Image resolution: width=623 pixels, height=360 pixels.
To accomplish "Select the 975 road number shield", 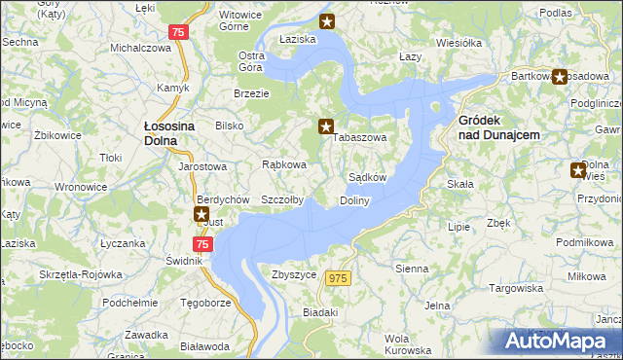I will [338, 278].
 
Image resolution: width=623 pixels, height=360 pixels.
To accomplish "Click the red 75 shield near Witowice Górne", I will [176, 32].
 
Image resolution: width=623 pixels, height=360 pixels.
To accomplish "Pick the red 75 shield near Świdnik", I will [202, 244].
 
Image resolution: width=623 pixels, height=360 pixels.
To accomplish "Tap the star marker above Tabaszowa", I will [327, 126].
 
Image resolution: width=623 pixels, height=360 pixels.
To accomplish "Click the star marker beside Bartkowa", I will [560, 76].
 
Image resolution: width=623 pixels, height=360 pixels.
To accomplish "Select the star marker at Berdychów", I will [202, 214].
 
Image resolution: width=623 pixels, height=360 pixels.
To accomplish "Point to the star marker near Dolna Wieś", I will [578, 170].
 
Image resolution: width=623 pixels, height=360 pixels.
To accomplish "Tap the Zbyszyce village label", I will [295, 275].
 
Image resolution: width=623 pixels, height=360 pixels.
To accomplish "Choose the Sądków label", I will [368, 178].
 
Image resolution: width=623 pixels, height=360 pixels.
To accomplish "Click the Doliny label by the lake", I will [354, 200].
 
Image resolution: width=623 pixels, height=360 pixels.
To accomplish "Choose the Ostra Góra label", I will [252, 61].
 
